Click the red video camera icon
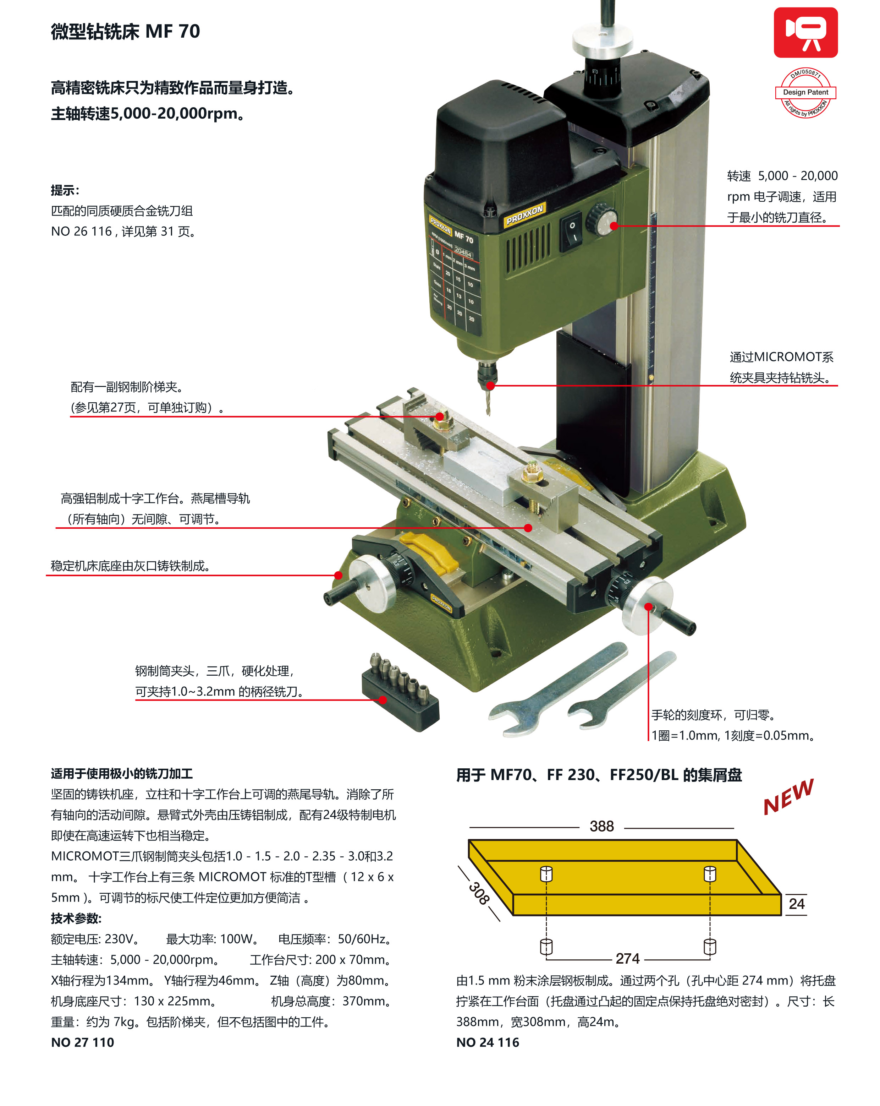pos(805,32)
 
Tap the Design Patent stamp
pos(805,92)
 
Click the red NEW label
pos(788,797)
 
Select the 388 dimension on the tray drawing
pos(601,826)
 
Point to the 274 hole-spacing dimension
pos(627,958)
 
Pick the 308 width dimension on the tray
pos(478,893)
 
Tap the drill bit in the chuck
pos(488,403)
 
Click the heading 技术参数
pos(76,918)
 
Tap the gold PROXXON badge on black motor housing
pos(524,214)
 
